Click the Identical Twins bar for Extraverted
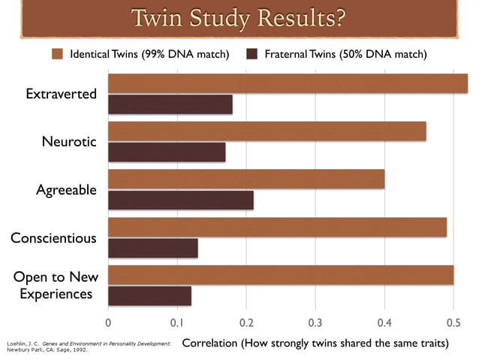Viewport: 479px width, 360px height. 288,83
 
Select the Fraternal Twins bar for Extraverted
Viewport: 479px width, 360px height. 170,104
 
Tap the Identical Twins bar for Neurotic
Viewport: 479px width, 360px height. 267,131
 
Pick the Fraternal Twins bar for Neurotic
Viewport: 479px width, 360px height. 167,152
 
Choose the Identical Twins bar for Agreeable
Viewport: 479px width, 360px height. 246,179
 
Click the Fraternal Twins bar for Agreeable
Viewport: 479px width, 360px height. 181,200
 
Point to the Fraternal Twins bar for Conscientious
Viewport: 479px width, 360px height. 153,248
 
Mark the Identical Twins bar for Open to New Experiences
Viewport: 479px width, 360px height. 281,274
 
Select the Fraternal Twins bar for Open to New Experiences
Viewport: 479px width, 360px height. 150,295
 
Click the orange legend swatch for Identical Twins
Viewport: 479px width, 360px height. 58,54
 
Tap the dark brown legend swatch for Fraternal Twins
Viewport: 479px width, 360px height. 252,54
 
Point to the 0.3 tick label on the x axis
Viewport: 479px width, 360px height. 315,322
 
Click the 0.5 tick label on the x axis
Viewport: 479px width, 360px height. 453,322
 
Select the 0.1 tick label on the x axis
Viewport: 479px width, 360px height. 177,322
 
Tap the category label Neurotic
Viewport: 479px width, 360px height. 69,141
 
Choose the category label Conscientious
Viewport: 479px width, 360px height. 53,237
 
